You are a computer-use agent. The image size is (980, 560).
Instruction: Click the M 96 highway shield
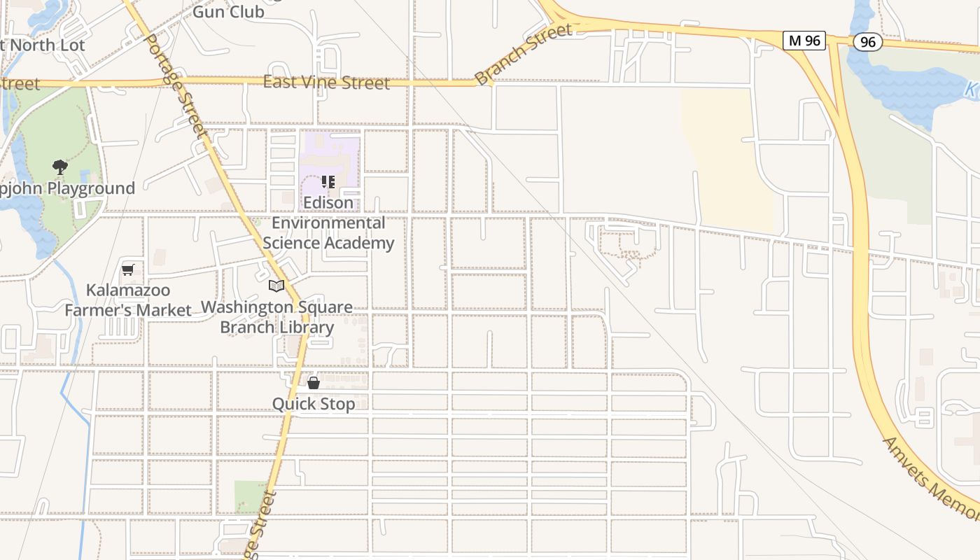pos(804,41)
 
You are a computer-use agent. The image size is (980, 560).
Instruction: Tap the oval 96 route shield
pos(867,42)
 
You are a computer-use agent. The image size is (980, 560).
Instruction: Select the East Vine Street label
pos(326,83)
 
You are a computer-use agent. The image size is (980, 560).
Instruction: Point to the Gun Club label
pos(228,11)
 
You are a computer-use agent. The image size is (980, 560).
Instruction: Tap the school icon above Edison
pos(328,183)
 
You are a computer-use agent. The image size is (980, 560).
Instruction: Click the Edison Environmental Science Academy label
pos(328,223)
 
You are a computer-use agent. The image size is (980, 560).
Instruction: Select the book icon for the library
pos(276,286)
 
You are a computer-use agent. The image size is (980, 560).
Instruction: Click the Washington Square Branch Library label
pos(276,317)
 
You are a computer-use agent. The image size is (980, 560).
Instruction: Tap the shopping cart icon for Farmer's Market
pos(128,269)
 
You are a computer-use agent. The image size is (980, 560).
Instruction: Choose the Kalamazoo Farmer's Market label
pos(128,300)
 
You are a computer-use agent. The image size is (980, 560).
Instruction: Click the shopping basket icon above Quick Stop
pos(314,383)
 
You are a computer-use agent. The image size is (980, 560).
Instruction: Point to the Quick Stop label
pos(314,404)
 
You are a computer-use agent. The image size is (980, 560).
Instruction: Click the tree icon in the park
pos(60,167)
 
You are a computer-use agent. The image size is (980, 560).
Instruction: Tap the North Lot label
pos(43,45)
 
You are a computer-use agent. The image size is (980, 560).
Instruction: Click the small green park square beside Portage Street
pos(250,495)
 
